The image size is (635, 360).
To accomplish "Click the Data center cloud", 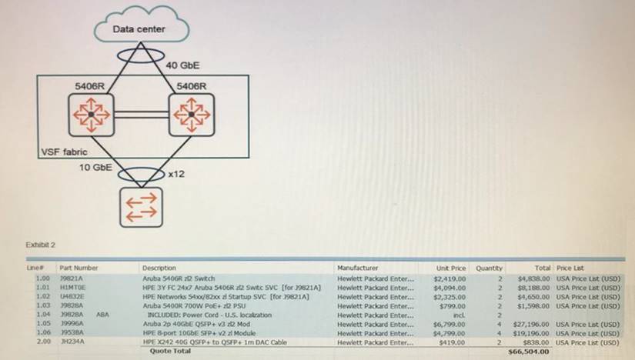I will (139, 29).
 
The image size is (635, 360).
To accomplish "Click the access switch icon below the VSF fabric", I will (139, 205).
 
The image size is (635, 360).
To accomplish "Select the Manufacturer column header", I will (357, 268).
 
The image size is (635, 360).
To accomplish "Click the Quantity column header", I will (489, 268).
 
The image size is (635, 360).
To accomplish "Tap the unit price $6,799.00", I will (450, 324).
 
